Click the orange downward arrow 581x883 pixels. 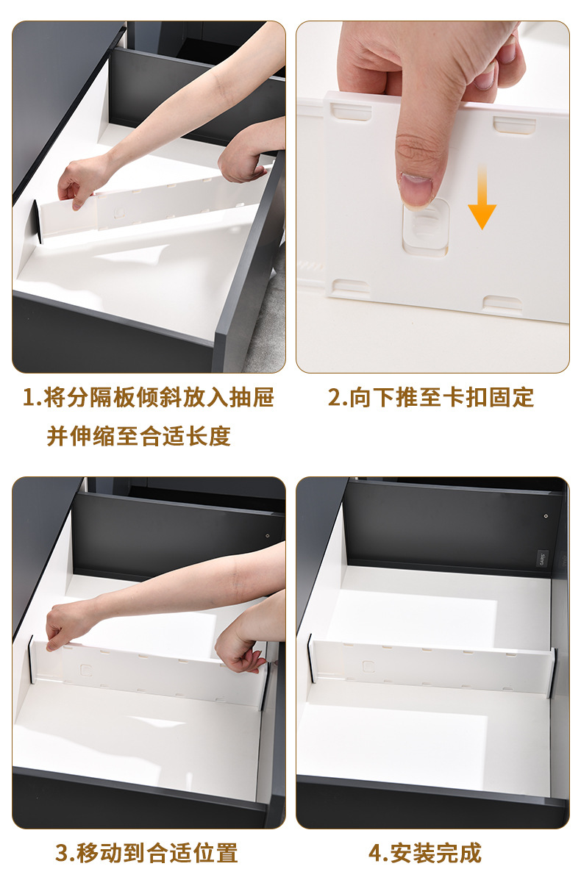[x=482, y=196]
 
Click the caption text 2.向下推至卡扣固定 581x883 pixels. [x=431, y=397]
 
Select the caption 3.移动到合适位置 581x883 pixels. [x=146, y=854]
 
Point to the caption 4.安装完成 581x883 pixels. [x=425, y=854]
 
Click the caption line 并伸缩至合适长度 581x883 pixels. [x=138, y=436]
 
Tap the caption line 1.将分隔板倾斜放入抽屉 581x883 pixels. [x=149, y=397]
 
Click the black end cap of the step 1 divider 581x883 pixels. [x=37, y=221]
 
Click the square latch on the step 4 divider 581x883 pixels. [x=368, y=667]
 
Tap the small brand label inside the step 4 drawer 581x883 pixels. [x=543, y=559]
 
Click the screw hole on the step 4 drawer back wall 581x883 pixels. [x=546, y=515]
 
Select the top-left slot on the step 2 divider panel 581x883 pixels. [x=351, y=112]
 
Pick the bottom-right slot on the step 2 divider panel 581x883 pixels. [x=502, y=304]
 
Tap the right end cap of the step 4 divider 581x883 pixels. [x=554, y=672]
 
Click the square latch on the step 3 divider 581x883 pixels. [x=86, y=670]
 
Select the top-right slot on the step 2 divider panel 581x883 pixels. [x=514, y=124]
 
